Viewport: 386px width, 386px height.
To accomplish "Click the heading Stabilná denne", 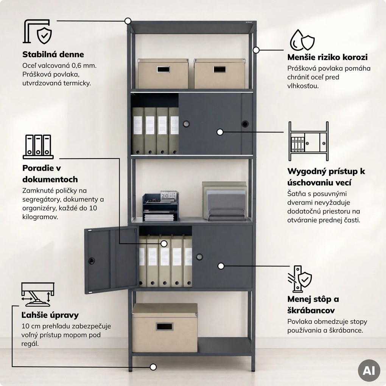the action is [x=53, y=54].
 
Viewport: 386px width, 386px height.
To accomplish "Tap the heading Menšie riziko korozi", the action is [x=327, y=57].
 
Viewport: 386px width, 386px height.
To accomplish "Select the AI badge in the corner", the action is [x=369, y=370].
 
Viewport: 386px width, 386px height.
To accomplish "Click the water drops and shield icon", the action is [x=302, y=40].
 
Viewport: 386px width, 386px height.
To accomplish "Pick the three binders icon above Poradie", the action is [x=38, y=147].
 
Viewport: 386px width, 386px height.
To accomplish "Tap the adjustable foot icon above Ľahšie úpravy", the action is [x=38, y=294].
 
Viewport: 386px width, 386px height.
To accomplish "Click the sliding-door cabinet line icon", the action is [x=308, y=141].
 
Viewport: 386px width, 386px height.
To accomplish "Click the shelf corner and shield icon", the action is [x=38, y=31].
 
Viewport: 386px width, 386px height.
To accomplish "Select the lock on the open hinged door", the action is [x=92, y=261].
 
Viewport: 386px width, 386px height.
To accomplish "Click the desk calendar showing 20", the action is [x=169, y=196].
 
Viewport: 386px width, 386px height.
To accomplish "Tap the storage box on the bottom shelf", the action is [x=165, y=328].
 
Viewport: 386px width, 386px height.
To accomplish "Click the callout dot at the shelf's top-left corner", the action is [x=128, y=21].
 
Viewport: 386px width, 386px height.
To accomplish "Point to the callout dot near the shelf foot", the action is [x=153, y=367].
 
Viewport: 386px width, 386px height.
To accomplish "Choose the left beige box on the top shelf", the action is [x=163, y=74].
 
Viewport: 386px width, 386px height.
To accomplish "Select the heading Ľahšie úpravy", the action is [x=50, y=315].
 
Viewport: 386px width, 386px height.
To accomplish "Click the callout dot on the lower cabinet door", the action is [x=221, y=266].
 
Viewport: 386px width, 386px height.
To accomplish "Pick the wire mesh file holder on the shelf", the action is [x=226, y=215].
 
